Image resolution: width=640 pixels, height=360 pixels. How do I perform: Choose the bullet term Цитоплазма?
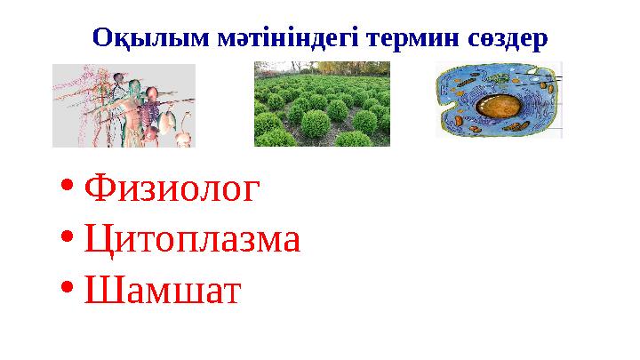coord(191,239)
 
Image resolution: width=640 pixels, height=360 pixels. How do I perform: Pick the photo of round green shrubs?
coord(321,104)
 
